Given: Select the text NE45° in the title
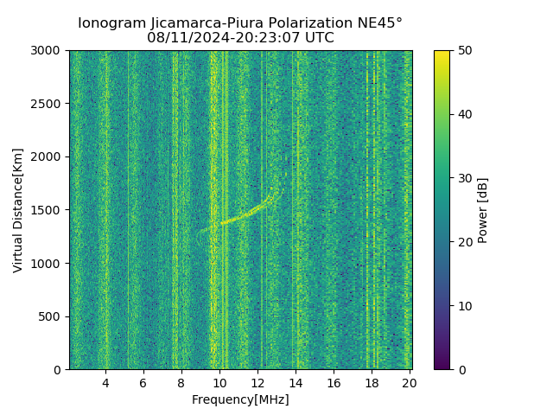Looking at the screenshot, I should point(378,23).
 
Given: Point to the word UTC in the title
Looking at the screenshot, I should point(317,38).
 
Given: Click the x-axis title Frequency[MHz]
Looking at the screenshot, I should point(240,399).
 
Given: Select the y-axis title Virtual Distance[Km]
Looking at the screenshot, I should point(18,210).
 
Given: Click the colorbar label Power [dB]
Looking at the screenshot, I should point(483,210).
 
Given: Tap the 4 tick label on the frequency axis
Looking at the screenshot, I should point(105,383).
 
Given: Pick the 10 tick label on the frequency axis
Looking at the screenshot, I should point(219,383).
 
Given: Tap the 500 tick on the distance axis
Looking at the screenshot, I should point(53,316).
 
